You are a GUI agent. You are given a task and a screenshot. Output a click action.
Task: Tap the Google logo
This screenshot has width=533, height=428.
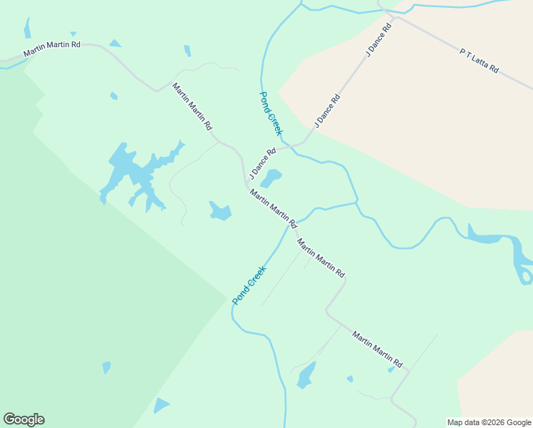[x=24, y=419]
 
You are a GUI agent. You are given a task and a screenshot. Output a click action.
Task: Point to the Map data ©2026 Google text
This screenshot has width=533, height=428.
[x=490, y=422]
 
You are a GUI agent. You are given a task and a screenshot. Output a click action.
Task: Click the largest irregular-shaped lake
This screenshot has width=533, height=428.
[x=135, y=173]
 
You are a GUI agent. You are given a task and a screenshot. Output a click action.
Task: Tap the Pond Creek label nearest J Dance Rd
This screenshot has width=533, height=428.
[x=271, y=113]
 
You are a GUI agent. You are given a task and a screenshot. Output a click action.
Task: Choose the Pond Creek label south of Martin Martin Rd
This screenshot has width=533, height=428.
[x=249, y=285]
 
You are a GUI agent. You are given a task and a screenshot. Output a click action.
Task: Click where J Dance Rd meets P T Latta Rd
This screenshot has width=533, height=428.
[x=388, y=13]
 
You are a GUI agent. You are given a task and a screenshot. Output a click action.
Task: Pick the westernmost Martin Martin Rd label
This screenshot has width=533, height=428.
[x=52, y=49]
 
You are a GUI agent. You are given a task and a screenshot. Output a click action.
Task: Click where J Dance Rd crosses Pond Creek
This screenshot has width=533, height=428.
[x=293, y=148]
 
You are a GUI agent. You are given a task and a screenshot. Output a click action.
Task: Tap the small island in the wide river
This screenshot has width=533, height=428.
[x=527, y=275]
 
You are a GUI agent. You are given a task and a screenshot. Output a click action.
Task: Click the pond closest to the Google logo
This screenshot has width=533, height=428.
[x=161, y=406]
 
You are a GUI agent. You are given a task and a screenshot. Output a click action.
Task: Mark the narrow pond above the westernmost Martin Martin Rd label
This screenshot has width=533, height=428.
[x=27, y=29]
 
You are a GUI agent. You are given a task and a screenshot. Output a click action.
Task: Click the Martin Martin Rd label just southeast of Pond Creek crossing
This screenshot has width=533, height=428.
[x=321, y=258]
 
